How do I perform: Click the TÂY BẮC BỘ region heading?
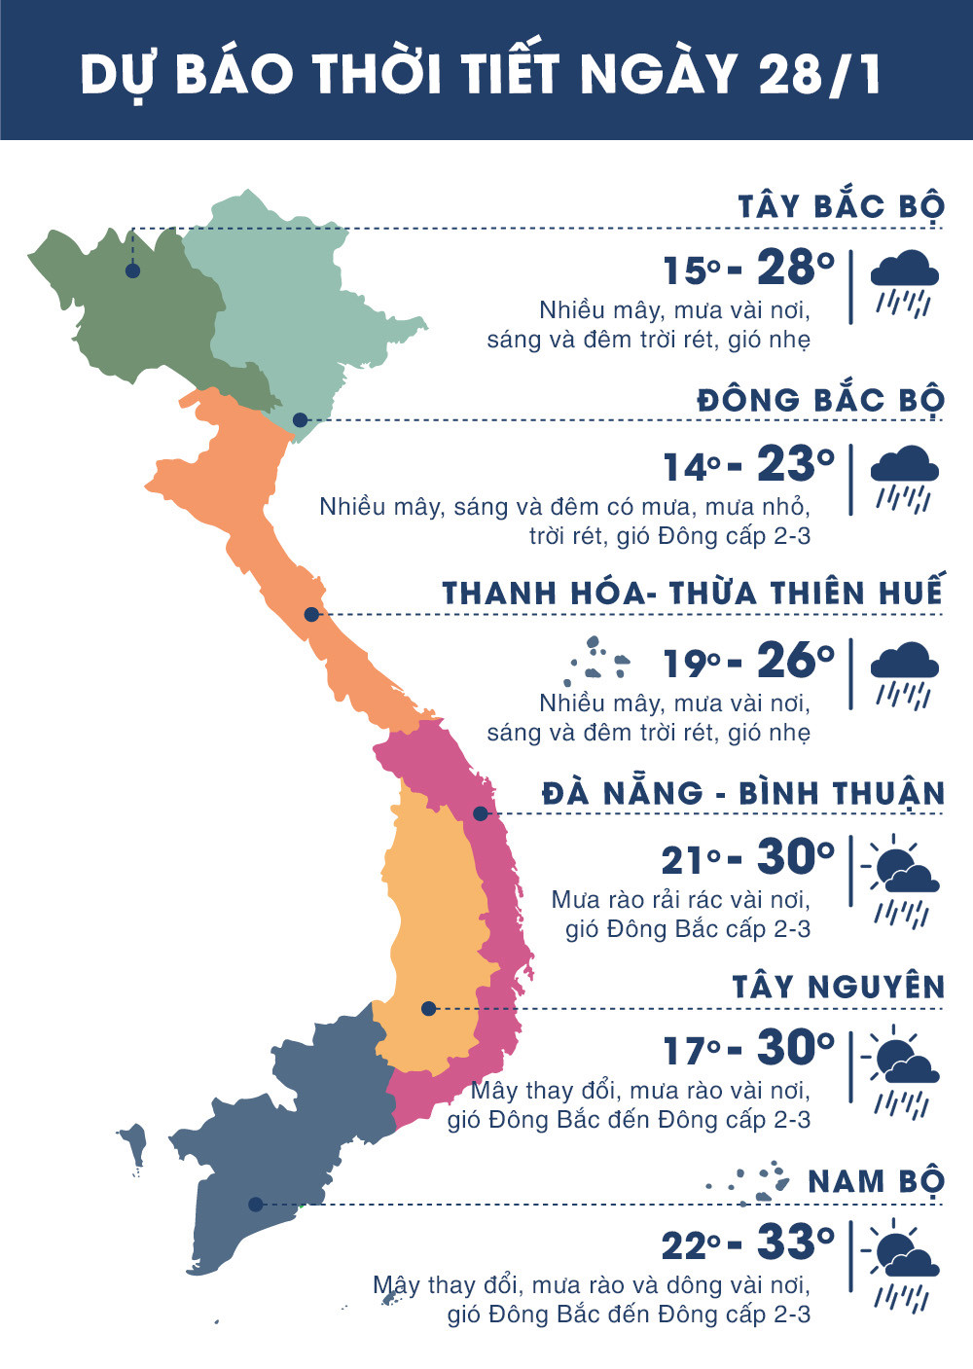point(841,207)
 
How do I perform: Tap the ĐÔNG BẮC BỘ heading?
point(820,400)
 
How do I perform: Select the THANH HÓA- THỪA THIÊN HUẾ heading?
point(693,594)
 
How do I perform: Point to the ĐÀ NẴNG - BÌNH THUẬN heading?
point(743,793)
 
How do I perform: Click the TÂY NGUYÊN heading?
point(839,988)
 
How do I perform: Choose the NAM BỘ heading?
point(876,1181)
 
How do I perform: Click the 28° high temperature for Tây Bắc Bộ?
point(795,268)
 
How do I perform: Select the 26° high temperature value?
point(795,661)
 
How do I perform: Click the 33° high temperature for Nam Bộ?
point(795,1243)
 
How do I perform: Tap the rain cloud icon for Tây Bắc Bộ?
point(904,283)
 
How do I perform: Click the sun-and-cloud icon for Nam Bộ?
point(904,1265)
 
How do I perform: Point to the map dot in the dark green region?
point(132,270)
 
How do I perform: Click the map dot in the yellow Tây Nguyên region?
point(428,1009)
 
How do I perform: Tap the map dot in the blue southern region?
point(255,1205)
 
